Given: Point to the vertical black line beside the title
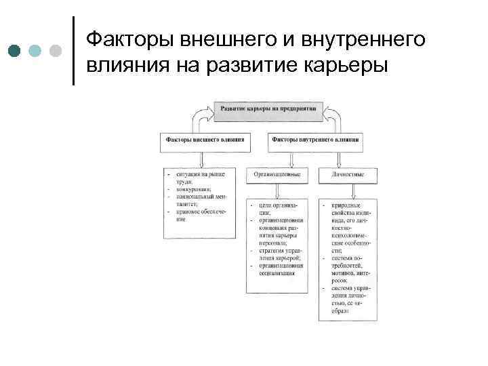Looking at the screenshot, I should pyautogui.click(x=73, y=51).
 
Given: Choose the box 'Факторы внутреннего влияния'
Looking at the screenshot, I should pyautogui.click(x=315, y=140).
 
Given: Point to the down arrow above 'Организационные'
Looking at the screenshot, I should pyautogui.click(x=291, y=159).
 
